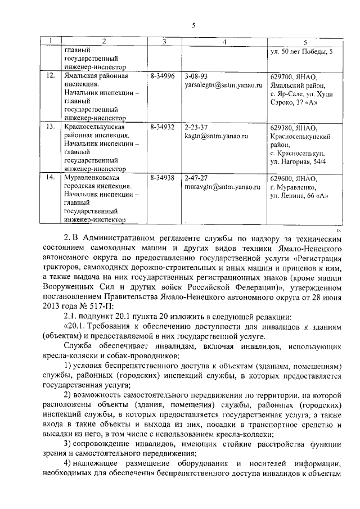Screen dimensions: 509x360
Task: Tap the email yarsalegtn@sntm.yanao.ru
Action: click(x=223, y=85)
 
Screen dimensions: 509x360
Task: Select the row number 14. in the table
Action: click(x=50, y=178)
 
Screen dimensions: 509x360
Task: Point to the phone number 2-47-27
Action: click(x=196, y=178)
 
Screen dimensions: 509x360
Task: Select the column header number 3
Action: click(x=163, y=41)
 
